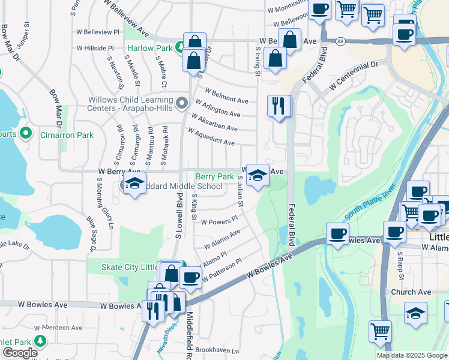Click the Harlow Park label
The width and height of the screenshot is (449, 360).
(x=149, y=47)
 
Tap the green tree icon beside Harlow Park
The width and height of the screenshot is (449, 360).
(x=179, y=47)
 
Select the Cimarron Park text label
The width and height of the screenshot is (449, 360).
(x=66, y=135)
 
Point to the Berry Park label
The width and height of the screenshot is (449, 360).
(x=215, y=176)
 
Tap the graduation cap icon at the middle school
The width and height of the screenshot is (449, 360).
(x=134, y=184)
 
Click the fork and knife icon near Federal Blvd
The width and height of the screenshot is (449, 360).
(x=279, y=106)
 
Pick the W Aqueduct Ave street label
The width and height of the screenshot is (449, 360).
(x=211, y=137)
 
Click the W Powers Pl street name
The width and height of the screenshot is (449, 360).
(x=219, y=221)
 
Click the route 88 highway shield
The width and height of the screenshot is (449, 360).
(x=340, y=41)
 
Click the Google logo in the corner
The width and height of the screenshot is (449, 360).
(x=20, y=353)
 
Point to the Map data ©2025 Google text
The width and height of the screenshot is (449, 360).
(x=411, y=355)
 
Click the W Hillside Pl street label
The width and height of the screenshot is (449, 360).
(x=95, y=48)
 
